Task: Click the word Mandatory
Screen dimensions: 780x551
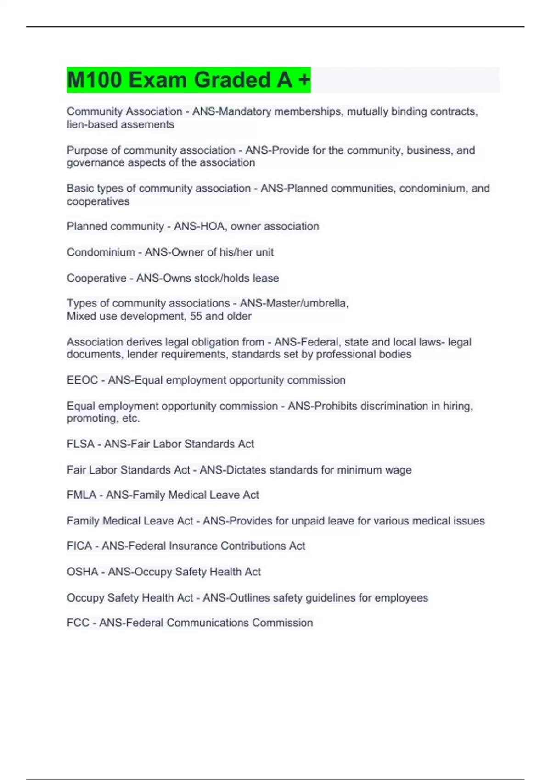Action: point(243,111)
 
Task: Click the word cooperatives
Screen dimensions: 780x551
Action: point(98,201)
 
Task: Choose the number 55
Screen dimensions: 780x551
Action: point(196,316)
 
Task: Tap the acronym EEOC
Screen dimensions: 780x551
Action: point(82,380)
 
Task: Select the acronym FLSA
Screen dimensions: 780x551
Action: point(80,444)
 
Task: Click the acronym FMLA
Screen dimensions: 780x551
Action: point(81,495)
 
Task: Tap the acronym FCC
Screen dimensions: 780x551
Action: point(78,623)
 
